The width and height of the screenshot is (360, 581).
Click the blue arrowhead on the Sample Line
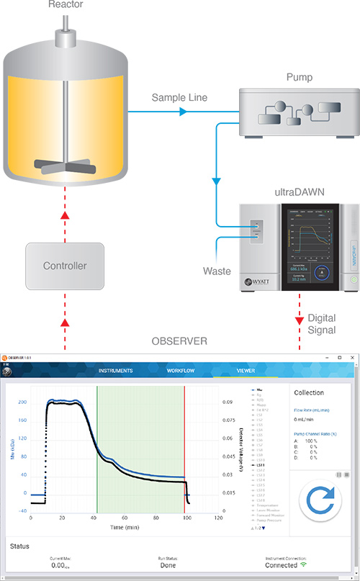[183, 112]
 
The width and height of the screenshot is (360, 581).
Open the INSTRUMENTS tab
[115, 370]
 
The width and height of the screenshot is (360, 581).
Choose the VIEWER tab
[246, 370]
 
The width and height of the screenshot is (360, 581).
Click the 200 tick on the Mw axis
[22, 402]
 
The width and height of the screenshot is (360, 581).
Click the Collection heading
[309, 392]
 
